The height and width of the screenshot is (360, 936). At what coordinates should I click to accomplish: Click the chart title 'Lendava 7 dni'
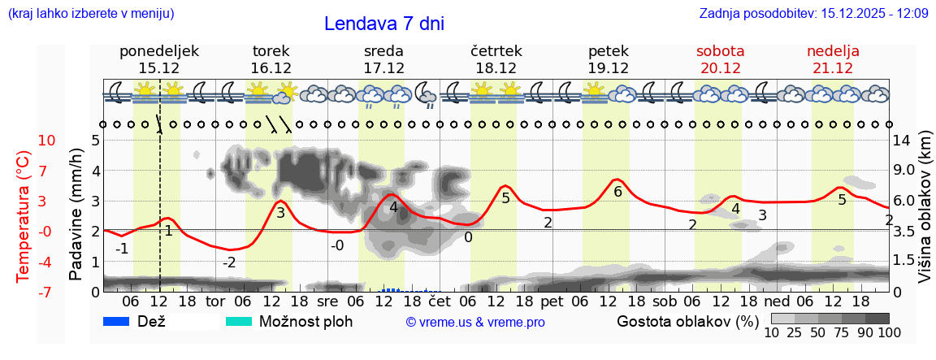[x=383, y=24]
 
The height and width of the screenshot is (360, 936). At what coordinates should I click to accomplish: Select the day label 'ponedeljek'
[x=158, y=51]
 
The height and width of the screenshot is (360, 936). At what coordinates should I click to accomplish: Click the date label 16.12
[x=271, y=68]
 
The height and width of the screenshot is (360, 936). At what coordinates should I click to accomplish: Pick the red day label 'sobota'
[x=720, y=51]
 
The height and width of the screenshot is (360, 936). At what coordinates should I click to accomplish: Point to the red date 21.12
[x=833, y=68]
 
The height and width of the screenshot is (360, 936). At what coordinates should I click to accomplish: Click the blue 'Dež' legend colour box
[x=118, y=322]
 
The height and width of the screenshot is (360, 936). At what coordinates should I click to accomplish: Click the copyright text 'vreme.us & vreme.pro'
[x=475, y=323]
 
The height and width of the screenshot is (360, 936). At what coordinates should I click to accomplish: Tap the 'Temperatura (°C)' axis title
[x=24, y=216]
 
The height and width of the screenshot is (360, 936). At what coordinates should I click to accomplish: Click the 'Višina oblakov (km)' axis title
[x=925, y=215]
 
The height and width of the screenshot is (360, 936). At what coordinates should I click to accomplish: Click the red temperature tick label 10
[x=24, y=140]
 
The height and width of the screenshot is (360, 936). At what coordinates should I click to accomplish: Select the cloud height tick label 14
[x=903, y=140]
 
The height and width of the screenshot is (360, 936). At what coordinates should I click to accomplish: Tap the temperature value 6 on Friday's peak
[x=617, y=192]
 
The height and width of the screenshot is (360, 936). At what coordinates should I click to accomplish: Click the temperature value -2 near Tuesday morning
[x=229, y=262]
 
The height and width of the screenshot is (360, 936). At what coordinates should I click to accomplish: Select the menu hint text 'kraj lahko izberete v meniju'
[x=90, y=14]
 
